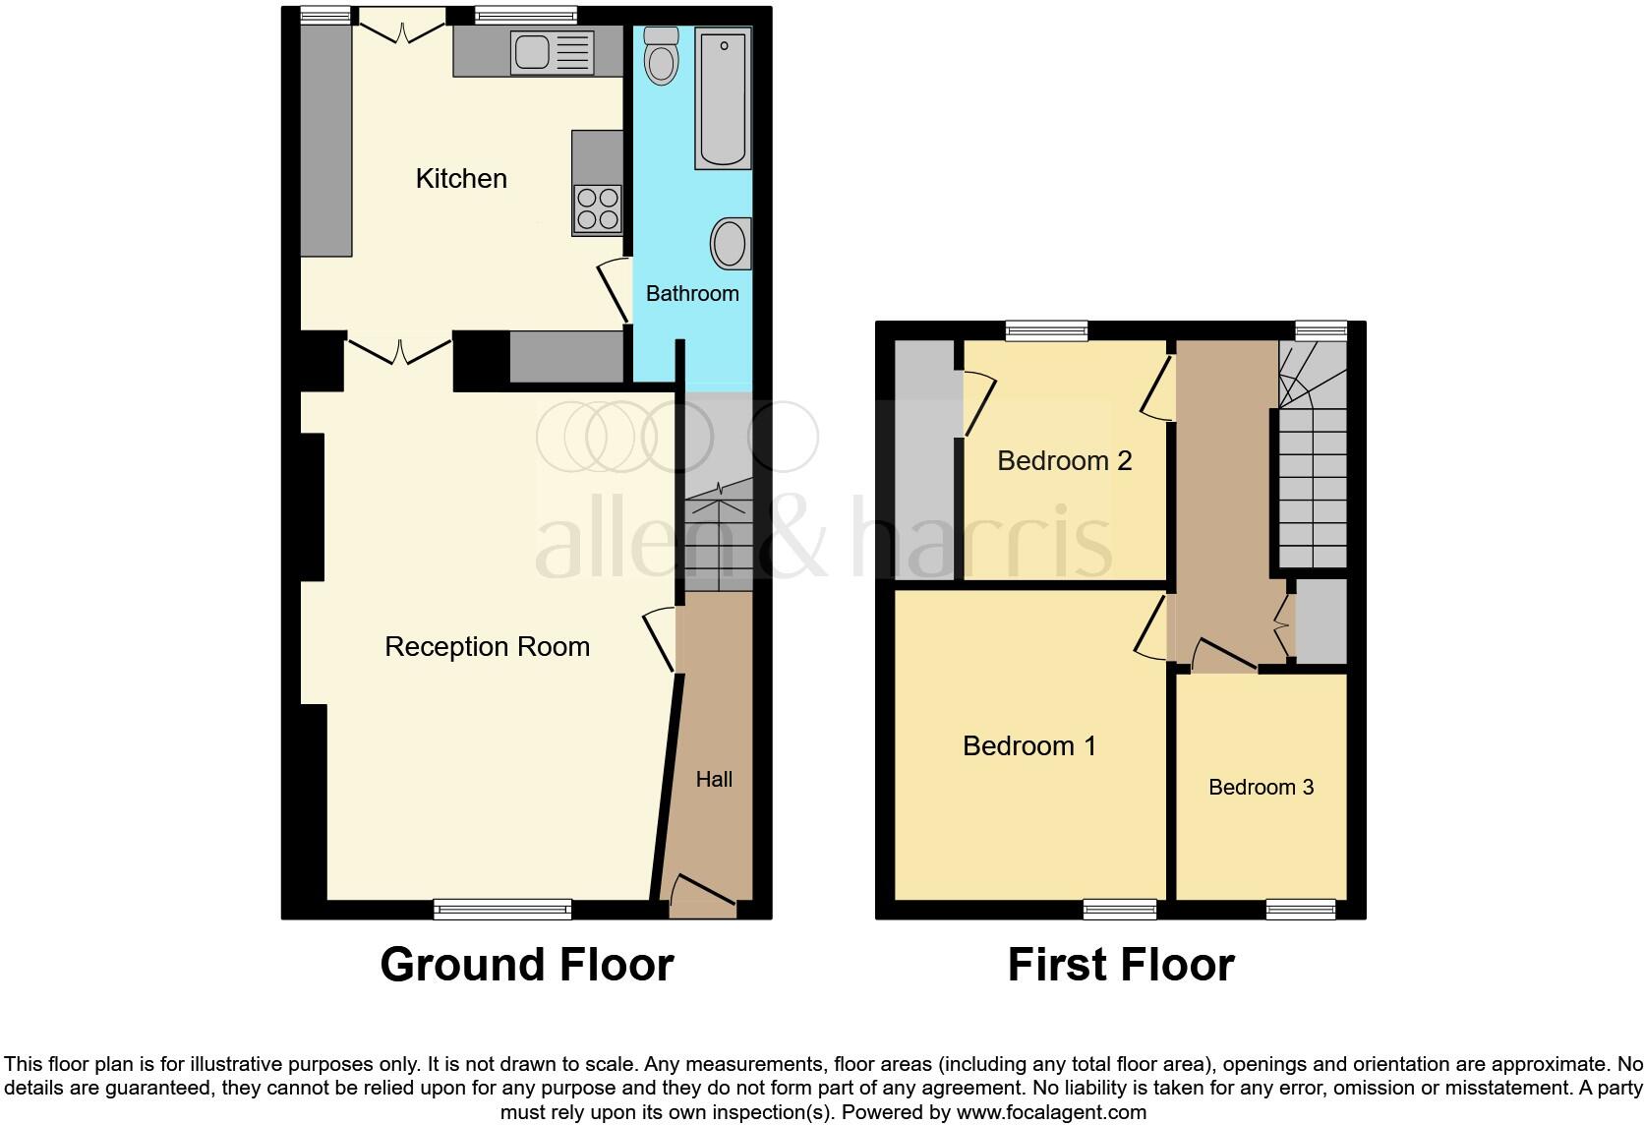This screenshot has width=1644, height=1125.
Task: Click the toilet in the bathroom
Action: tap(661, 56)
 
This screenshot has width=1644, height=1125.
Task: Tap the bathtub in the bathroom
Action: tap(723, 98)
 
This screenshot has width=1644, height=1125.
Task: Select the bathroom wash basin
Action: tap(731, 244)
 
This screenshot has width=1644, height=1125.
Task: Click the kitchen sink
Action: tap(552, 53)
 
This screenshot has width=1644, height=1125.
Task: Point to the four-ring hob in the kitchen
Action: tap(598, 209)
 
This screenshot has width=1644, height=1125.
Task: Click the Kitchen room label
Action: tap(461, 178)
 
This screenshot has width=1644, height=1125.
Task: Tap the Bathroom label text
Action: tap(692, 293)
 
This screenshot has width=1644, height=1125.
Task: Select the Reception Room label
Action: tap(488, 646)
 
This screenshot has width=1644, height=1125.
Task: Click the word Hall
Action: tap(714, 780)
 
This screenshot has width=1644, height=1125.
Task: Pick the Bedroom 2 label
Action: tap(1064, 461)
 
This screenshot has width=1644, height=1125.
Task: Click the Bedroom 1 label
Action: tap(1028, 745)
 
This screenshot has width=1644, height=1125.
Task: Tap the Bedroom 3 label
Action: tap(1261, 788)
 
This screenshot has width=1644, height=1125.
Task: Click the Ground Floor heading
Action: tap(527, 965)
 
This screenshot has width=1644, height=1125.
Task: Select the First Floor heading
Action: tap(1121, 965)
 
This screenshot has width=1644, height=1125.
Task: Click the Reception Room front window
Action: tap(502, 910)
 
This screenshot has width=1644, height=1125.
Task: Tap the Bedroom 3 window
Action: tap(1301, 910)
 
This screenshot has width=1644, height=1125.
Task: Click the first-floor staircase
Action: tap(1313, 455)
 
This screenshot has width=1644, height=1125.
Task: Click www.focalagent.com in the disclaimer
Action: tap(1052, 1113)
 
